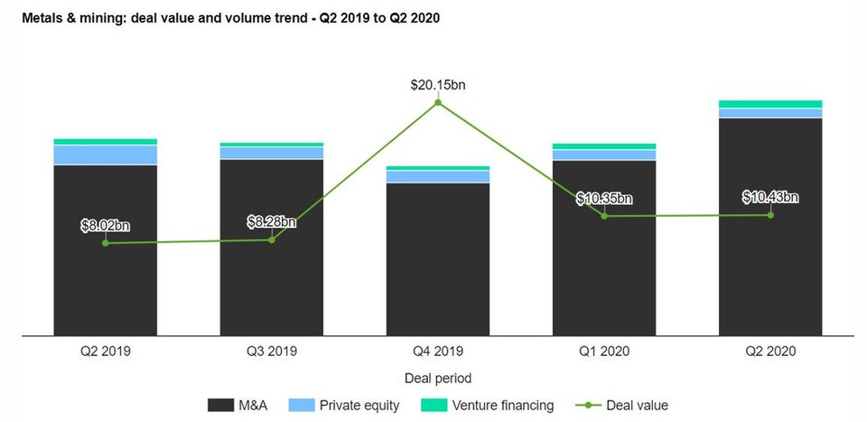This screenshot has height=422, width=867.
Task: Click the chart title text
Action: coord(225,18)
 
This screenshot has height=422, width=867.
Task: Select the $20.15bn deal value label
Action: coord(438,86)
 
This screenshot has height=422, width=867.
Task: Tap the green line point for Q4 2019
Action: coord(438,103)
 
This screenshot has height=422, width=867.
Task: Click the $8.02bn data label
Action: coord(106,226)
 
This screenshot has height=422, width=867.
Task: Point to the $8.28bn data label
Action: coord(272,222)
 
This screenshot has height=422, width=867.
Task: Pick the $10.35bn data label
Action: coord(604,199)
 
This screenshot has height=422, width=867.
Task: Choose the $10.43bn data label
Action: coord(770,197)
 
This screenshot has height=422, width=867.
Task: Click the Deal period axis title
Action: coord(438,378)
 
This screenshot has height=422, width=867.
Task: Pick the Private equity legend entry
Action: coord(347,406)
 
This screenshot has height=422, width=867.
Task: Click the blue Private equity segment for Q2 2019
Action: coord(106,155)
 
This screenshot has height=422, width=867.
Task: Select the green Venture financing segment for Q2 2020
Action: coord(770,104)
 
